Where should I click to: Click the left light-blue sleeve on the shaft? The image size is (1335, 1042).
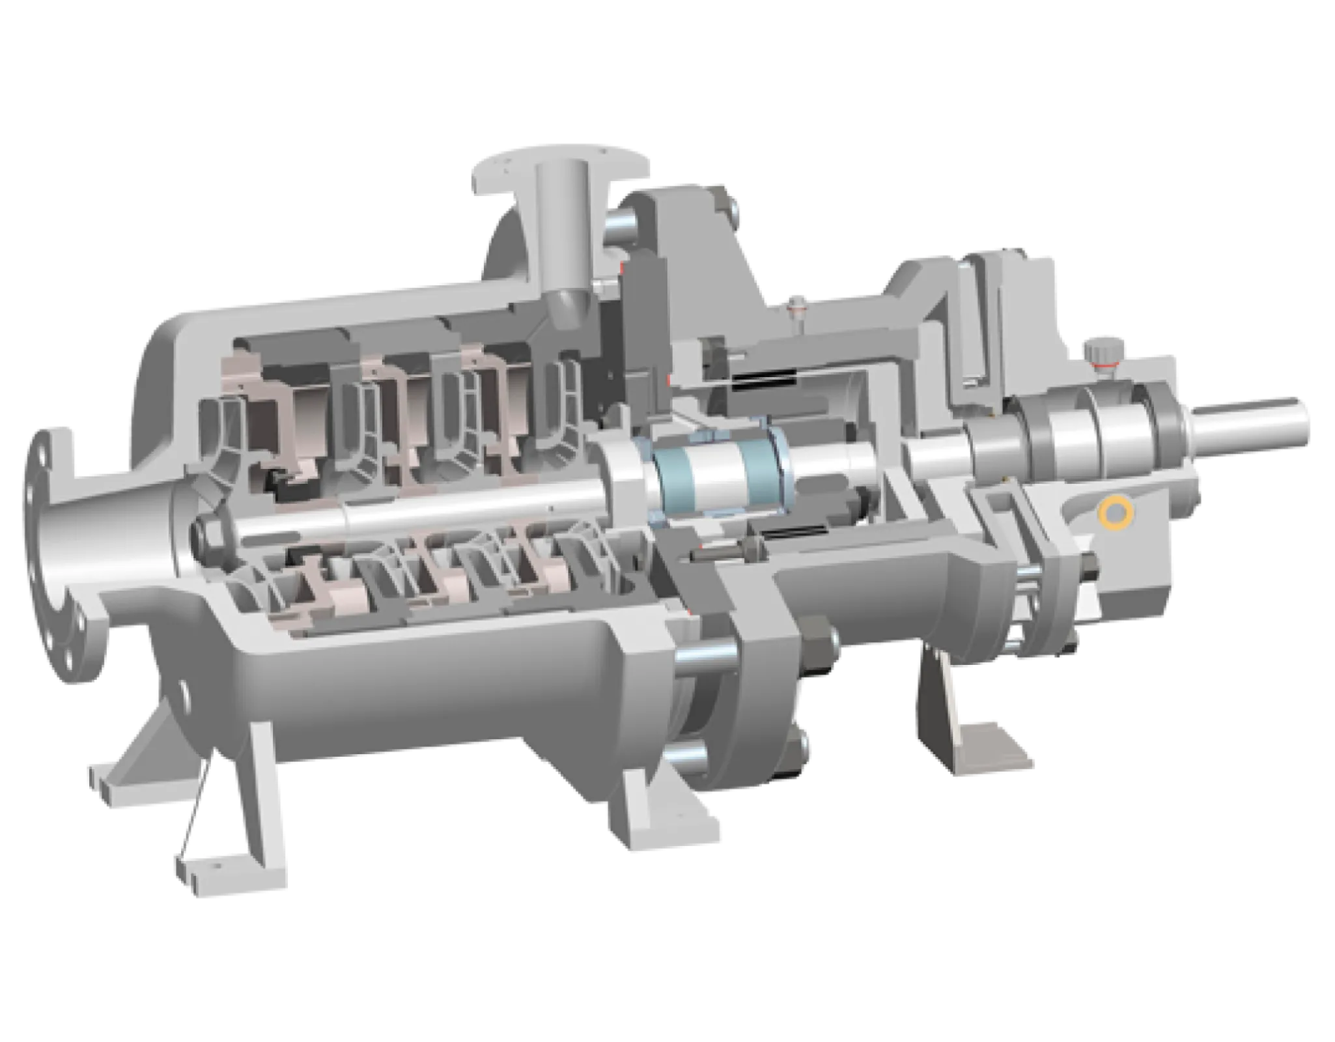tap(674, 470)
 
